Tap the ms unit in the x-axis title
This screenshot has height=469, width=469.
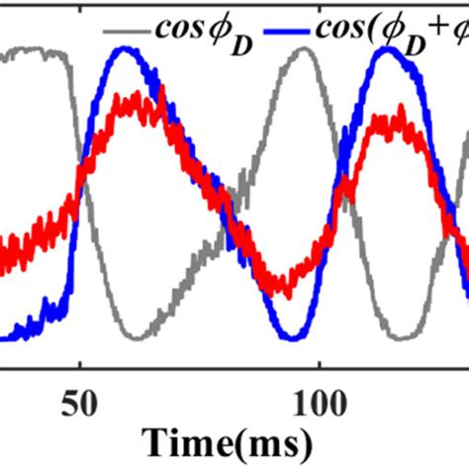pos(289,438)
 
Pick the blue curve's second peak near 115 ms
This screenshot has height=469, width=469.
pos(387,52)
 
